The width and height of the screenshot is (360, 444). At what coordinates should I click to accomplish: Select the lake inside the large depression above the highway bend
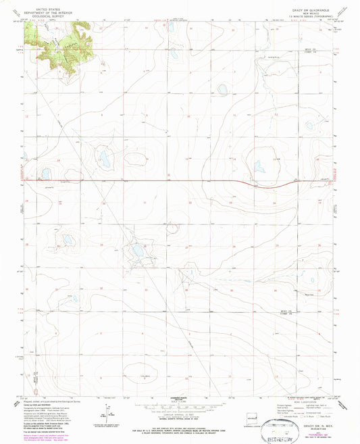pos(259,166)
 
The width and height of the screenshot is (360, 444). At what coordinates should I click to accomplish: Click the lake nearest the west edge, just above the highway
pos(46,174)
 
